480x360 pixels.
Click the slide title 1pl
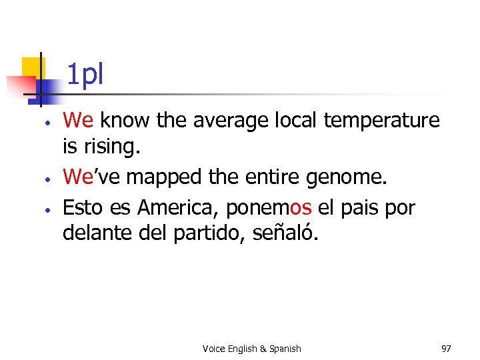tap(85, 75)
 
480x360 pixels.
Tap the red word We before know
tap(77, 120)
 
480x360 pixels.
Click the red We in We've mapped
tap(77, 177)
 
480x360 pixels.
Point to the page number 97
tap(446, 349)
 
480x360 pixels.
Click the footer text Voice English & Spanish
tap(251, 349)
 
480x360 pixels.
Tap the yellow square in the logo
tap(33, 67)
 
